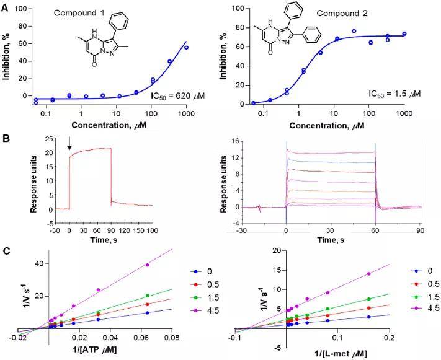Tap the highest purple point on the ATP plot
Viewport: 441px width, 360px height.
147,265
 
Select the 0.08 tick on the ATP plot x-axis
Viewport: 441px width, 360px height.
171,338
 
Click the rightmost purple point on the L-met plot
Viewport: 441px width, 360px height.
369,273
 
